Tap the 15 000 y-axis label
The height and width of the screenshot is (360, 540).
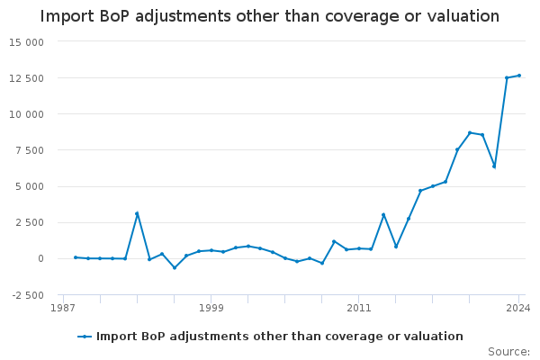27,42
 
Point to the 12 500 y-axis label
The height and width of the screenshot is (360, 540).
27,78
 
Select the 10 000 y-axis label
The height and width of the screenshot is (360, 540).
27,114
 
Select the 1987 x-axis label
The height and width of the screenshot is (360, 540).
63,308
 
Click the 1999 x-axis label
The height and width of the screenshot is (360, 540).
211,308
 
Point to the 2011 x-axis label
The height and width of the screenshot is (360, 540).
359,308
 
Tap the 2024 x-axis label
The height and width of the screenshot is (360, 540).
518,308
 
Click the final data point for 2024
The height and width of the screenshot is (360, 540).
519,76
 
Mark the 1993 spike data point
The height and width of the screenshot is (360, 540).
137,213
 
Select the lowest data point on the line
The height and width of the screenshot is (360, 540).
175,267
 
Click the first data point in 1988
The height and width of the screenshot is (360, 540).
76,257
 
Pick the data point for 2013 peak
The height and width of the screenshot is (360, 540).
383,215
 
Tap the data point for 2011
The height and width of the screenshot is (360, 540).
359,248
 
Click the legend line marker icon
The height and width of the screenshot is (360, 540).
85,337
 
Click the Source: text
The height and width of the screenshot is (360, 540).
508,352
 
